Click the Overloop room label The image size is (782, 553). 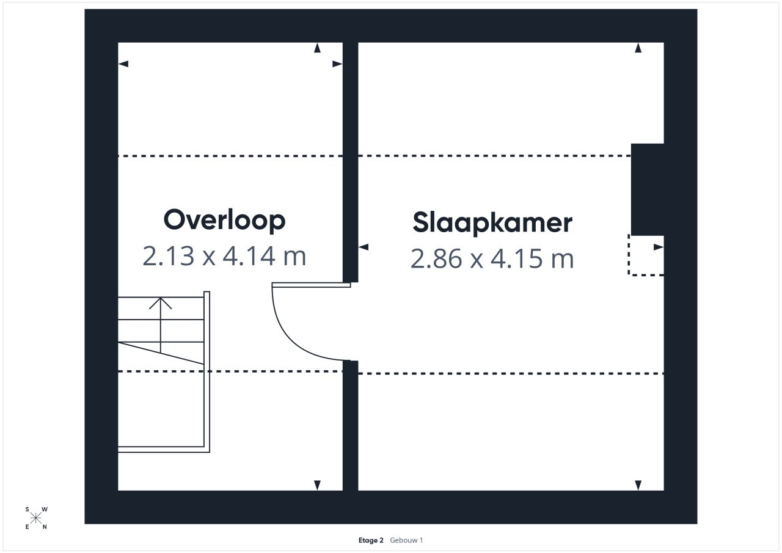224,221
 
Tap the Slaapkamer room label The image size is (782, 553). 492,223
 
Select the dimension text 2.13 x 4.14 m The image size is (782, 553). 224,256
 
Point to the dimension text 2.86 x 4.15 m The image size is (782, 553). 492,258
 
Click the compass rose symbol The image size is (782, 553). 35,518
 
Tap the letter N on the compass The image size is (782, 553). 45,527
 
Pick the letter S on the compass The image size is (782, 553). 27,510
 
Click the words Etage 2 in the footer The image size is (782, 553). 371,540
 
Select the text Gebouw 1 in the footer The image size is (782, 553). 406,540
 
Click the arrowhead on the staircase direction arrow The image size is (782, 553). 160,303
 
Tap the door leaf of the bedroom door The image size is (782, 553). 311,285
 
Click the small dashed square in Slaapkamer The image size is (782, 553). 646,255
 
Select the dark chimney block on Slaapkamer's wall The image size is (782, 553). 647,189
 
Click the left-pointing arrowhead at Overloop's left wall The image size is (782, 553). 123,64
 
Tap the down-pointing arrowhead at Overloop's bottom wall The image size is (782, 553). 317,485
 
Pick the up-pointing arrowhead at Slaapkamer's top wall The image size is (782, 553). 638,48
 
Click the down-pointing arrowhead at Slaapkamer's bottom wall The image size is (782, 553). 638,485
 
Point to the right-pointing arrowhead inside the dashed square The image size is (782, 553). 659,247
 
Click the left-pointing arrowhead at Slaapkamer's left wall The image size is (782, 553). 364,247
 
